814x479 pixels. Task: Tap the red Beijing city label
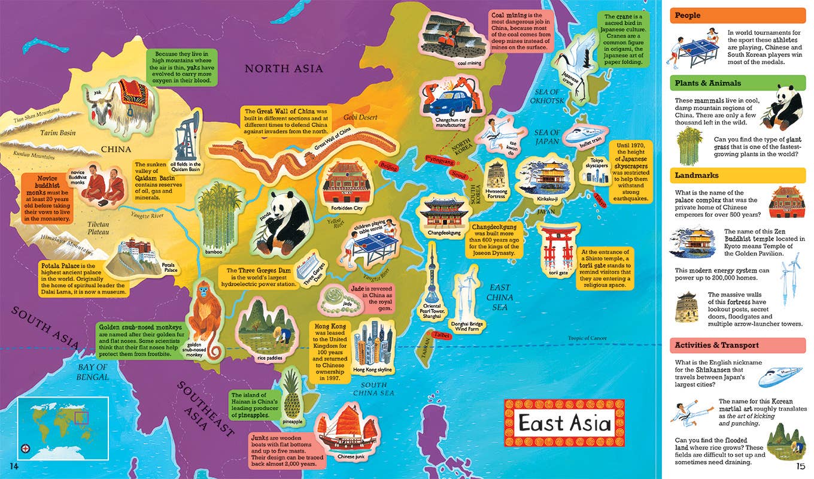click(x=388, y=167)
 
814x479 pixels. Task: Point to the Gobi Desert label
click(x=360, y=117)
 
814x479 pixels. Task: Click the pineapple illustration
click(x=293, y=392)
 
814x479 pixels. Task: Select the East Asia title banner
click(x=564, y=422)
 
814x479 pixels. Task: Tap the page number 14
click(x=15, y=466)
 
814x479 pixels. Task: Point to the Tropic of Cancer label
click(x=587, y=339)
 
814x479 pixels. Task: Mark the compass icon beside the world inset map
click(x=25, y=448)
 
